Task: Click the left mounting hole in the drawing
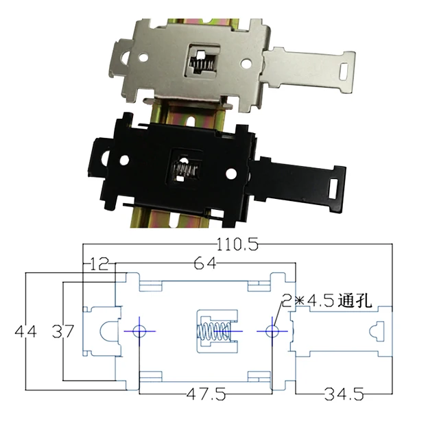140,331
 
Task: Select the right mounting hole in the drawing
272,331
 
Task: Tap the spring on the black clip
184,169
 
